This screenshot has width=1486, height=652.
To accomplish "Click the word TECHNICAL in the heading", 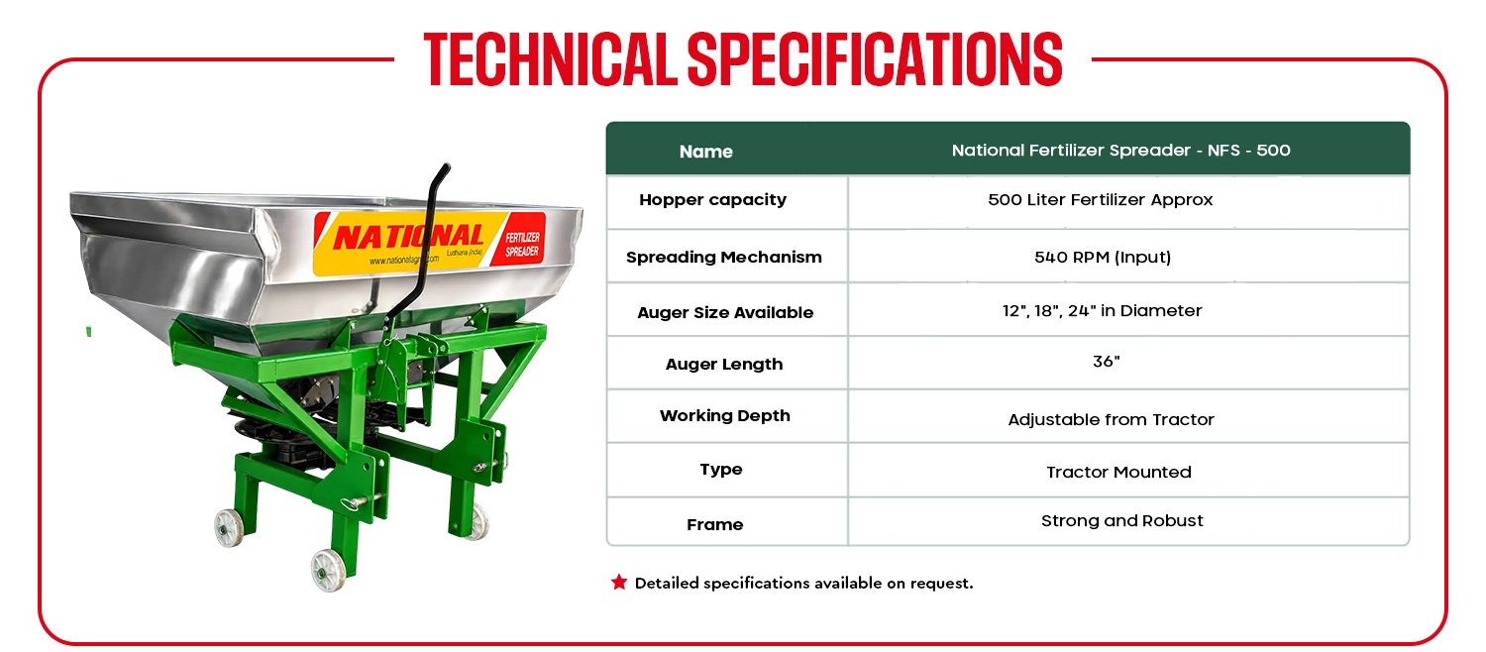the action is [x=551, y=59].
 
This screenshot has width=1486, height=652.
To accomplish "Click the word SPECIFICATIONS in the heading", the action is [x=875, y=59].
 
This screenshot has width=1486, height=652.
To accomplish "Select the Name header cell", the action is [x=705, y=152].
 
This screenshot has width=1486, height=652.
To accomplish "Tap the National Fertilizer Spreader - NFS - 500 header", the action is [x=1121, y=151].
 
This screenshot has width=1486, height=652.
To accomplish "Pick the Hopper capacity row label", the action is [x=713, y=199].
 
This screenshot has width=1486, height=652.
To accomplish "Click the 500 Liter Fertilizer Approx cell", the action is [x=1100, y=199].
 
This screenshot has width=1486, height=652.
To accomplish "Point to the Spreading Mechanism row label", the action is [x=724, y=257].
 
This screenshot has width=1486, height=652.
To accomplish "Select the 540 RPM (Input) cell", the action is [x=1103, y=257].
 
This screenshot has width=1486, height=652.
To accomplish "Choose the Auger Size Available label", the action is [x=725, y=312].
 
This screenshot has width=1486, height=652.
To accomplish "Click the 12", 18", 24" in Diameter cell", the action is [x=1102, y=310].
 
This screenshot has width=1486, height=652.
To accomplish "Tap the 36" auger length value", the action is [x=1106, y=362].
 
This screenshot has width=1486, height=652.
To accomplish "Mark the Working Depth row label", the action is [x=724, y=416].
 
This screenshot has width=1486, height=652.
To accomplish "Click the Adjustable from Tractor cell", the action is [x=1112, y=419].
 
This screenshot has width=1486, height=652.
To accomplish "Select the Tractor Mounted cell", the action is [x=1118, y=472].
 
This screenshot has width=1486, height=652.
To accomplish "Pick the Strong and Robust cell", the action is [x=1121, y=520].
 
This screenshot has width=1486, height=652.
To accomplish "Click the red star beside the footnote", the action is [x=619, y=583].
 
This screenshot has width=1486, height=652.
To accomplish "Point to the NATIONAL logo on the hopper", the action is [x=408, y=237].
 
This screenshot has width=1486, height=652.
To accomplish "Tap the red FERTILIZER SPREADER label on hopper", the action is [x=522, y=244].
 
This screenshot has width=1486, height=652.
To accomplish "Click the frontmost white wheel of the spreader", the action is [x=328, y=570].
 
